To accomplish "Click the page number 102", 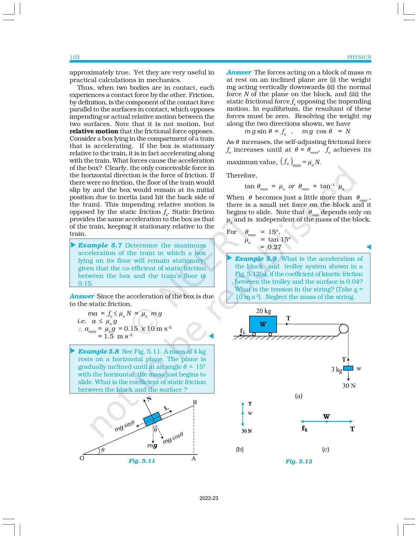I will pyautogui.click(x=75, y=57).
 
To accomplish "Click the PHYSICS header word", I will pyautogui.click(x=359, y=57).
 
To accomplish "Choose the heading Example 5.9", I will pyautogui.click(x=256, y=259).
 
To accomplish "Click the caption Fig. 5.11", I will pyautogui.click(x=142, y=461).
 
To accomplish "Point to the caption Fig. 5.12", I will pyautogui.click(x=299, y=461).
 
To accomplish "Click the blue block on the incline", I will pyautogui.click(x=152, y=419).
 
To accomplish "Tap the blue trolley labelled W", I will pyautogui.click(x=263, y=324).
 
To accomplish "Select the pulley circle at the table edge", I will pyautogui.click(x=343, y=329).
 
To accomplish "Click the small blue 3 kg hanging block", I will pyautogui.click(x=348, y=368).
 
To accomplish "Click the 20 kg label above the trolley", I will pyautogui.click(x=264, y=311).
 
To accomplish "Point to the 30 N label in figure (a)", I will pyautogui.click(x=349, y=386).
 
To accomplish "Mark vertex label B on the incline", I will pyautogui.click(x=194, y=402).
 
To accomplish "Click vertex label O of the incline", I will pyautogui.click(x=82, y=458).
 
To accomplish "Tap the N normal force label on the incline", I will pyautogui.click(x=149, y=399).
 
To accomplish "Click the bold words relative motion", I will pyautogui.click(x=94, y=131).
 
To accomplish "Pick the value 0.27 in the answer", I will pyautogui.click(x=274, y=247).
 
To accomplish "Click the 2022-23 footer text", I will pyautogui.click(x=209, y=498).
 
